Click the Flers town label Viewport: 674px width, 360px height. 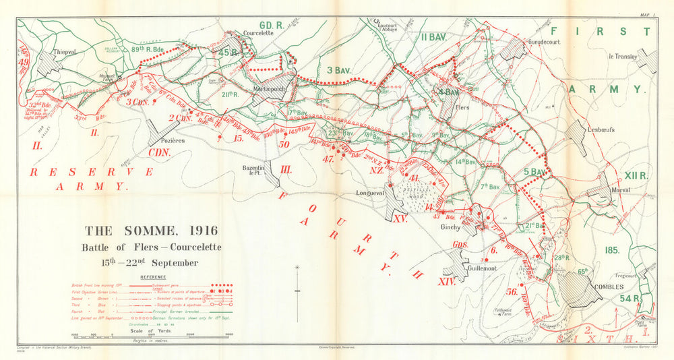[x=462, y=107]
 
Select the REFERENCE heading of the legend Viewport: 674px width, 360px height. [x=154, y=277]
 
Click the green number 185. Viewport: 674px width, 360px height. [x=611, y=250]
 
